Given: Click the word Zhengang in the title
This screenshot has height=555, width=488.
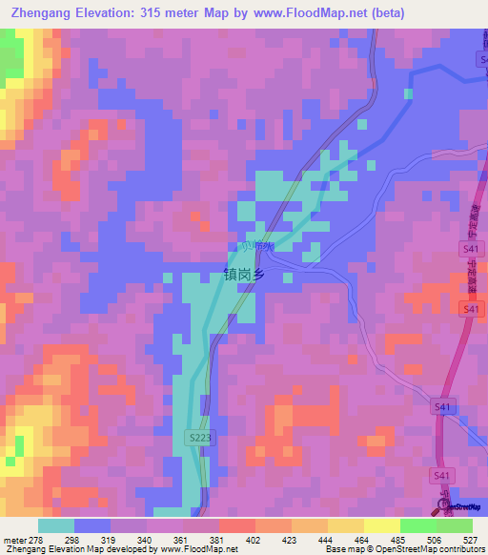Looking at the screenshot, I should pyautogui.click(x=44, y=13).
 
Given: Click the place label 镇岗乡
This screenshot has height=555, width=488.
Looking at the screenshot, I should pyautogui.click(x=256, y=273).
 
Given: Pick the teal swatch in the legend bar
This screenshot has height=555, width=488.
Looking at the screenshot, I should pyautogui.click(x=56, y=525).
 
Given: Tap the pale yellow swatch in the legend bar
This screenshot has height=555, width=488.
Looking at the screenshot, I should pyautogui.click(x=381, y=525).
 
